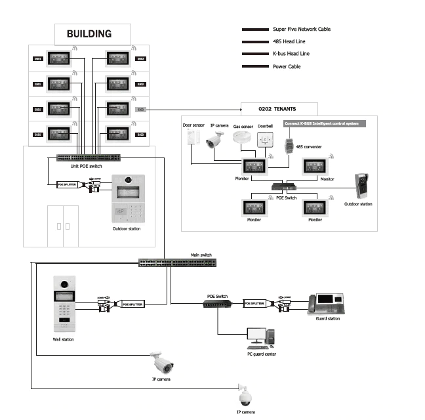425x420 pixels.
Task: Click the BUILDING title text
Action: tap(89, 33)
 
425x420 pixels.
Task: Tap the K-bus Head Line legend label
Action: tap(291, 54)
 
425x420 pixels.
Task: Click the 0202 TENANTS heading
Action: tap(279, 109)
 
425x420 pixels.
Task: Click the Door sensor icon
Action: tap(192, 137)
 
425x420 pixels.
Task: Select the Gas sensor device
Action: tap(243, 138)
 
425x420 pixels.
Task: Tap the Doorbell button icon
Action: tap(265, 140)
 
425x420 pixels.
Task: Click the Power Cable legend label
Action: tap(287, 66)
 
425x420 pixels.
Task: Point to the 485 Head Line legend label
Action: tap(286, 42)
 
